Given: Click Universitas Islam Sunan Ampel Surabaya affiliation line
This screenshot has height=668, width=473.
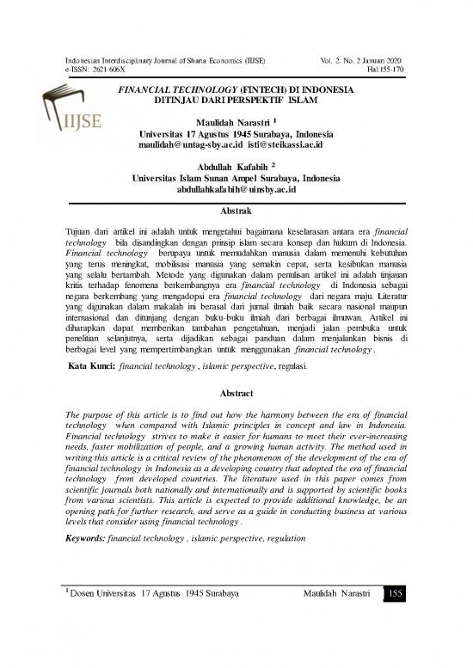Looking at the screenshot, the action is point(236,177).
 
